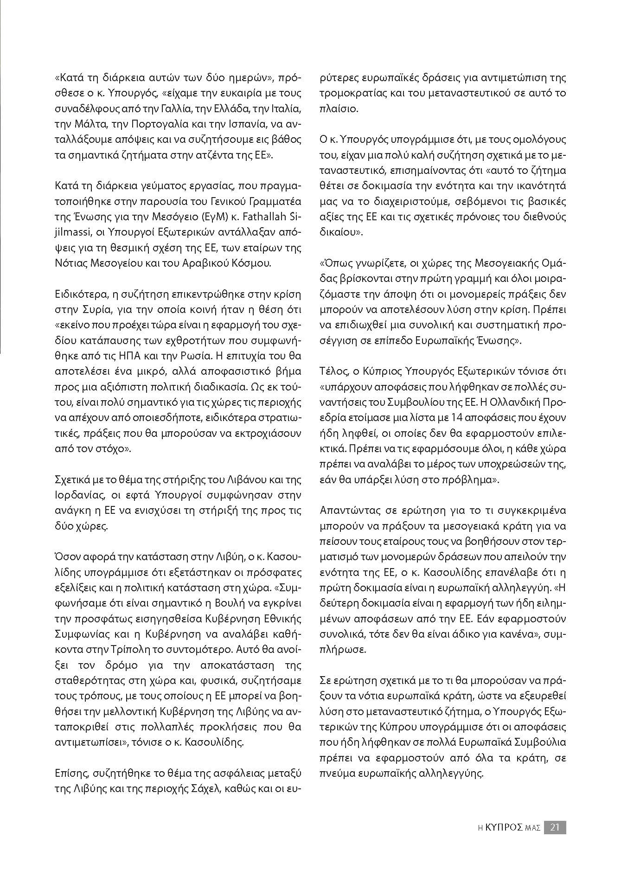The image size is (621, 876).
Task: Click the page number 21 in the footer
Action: coord(555,827)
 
